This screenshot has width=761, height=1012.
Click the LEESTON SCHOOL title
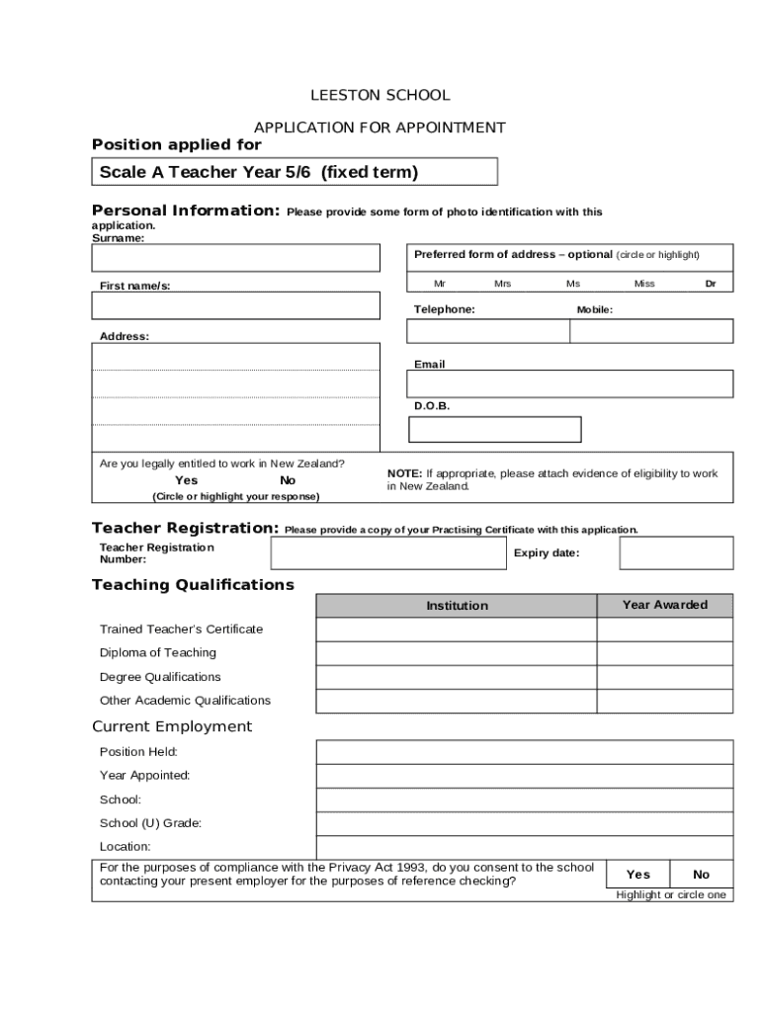coord(380,96)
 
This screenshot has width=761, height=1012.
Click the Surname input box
coord(235,258)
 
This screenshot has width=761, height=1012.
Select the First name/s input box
coord(235,305)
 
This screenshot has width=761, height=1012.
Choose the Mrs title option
coord(502,284)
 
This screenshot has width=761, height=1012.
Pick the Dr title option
coord(710,284)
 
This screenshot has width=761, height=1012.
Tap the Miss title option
coord(644,284)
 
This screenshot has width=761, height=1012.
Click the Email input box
coord(571,384)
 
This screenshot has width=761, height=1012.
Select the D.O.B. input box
coord(495,430)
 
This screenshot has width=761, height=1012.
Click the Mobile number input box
coord(651,331)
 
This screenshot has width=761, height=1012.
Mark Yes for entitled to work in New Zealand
coord(186,480)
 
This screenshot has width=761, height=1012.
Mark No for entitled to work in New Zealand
coord(288,480)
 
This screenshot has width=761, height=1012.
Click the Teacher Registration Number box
coord(387,553)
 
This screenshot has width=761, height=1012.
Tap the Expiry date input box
coord(676,553)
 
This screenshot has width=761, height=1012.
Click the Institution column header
coord(457,606)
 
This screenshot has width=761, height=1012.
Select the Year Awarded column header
coord(664,605)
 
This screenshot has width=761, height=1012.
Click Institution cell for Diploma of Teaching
coord(457,653)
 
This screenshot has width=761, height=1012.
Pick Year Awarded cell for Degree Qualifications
coord(664,677)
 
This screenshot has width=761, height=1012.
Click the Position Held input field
coord(524,752)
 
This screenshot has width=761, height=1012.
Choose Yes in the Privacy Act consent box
coord(638,875)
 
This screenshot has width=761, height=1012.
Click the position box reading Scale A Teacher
coord(295,173)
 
